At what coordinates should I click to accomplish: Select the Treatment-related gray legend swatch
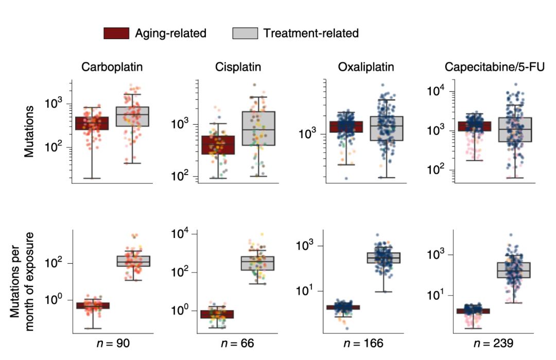click(245, 33)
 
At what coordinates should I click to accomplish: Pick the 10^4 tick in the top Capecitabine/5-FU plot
click(437, 92)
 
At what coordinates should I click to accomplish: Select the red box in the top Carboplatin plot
click(92, 123)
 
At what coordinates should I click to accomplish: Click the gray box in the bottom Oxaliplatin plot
click(384, 258)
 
